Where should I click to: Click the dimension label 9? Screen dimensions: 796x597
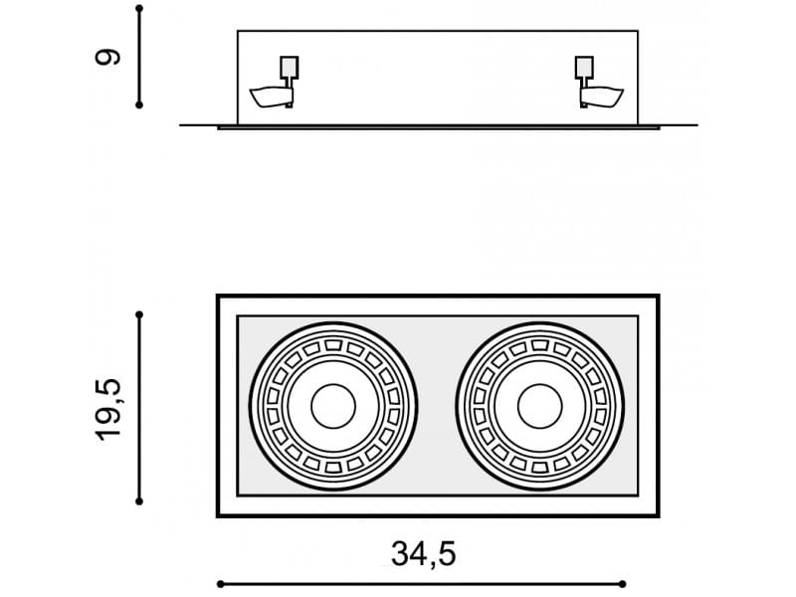tap(107, 57)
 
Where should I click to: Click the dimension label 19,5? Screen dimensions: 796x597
tap(108, 410)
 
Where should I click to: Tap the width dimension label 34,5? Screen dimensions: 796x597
tap(424, 554)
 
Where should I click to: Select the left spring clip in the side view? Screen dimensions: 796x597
tap(271, 97)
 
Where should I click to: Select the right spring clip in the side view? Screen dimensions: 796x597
tap(602, 97)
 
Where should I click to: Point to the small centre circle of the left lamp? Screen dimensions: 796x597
tap(333, 406)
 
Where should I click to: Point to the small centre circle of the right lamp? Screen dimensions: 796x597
tap(539, 406)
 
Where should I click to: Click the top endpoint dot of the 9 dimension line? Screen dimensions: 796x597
tap(139, 9)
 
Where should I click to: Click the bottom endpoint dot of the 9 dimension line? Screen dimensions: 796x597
tap(139, 105)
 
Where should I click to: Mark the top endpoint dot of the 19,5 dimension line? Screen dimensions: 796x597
tap(139, 315)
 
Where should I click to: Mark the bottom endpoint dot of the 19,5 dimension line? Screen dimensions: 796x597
tap(139, 501)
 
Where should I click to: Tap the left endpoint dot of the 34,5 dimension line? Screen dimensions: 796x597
tap(220, 584)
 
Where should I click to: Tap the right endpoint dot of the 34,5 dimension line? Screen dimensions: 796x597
tap(623, 584)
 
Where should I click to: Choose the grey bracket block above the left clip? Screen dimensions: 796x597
tap(290, 67)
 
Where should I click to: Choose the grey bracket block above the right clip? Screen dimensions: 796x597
tap(584, 67)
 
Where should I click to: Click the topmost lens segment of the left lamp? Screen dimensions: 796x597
tap(333, 345)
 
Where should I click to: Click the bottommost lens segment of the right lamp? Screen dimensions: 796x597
tap(539, 467)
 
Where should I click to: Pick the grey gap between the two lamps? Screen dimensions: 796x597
tap(437, 406)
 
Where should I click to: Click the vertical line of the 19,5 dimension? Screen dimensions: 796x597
tap(139, 408)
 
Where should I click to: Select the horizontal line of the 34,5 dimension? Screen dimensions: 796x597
tap(421, 584)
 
